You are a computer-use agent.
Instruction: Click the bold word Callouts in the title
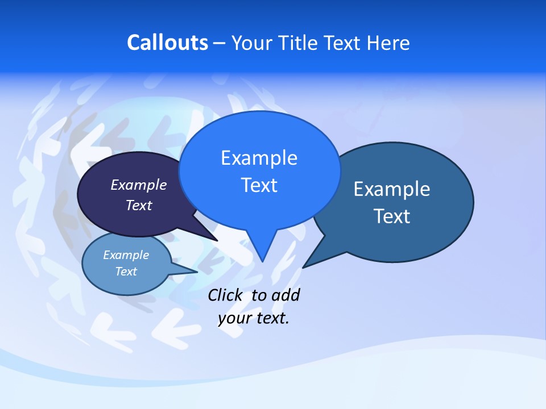coord(167,43)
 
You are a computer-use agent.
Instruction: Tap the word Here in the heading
coord(388,43)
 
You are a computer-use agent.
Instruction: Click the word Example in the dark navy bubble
coord(139,185)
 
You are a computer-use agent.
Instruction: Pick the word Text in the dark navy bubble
coord(139,205)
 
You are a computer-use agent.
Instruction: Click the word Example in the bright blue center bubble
coord(259,158)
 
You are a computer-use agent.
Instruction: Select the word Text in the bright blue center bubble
coord(259,185)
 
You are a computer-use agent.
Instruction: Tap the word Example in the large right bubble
coord(392,189)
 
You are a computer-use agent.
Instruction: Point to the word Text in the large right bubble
coord(392,216)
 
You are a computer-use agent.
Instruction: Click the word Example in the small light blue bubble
coord(126,255)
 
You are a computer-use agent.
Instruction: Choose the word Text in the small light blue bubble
coord(126,272)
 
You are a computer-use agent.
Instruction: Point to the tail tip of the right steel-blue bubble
coord(304,266)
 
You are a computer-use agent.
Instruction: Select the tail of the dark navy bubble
coord(213,238)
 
